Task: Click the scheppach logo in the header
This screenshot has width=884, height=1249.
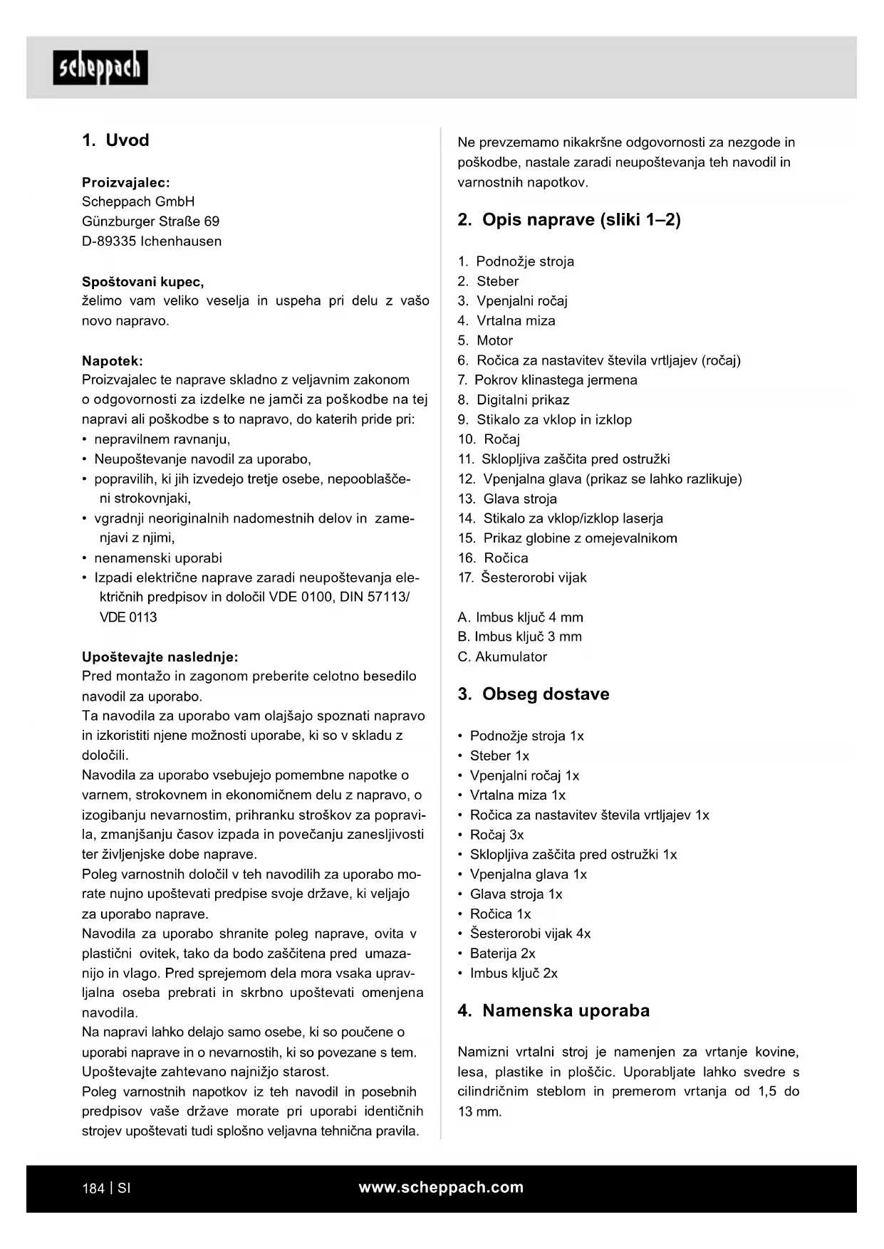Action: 100,68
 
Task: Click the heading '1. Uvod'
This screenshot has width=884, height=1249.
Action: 115,140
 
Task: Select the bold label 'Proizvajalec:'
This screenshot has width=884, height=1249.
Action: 125,182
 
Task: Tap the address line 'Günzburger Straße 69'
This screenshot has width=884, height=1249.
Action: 150,221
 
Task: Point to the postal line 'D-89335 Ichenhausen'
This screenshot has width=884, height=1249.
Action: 152,241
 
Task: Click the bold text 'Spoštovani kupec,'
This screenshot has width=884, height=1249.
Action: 142,281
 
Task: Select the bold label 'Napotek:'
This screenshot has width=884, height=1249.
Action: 112,360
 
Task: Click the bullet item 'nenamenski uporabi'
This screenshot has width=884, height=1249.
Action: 157,558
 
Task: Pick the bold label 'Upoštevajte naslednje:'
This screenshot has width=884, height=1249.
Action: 160,657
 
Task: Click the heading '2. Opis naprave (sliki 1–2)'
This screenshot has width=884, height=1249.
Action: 568,220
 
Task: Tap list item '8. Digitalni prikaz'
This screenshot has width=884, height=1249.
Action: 514,400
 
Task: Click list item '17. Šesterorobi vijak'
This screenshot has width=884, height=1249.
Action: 522,578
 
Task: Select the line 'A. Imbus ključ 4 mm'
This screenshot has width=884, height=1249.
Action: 520,617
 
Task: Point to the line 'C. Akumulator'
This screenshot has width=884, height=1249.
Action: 502,657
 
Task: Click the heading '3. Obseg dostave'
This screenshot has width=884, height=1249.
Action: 533,694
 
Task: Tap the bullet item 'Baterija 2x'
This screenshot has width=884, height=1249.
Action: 502,953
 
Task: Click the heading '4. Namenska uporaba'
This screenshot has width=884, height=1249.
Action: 553,1011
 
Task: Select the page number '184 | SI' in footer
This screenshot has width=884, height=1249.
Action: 106,1188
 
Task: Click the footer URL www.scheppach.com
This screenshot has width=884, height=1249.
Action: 441,1188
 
